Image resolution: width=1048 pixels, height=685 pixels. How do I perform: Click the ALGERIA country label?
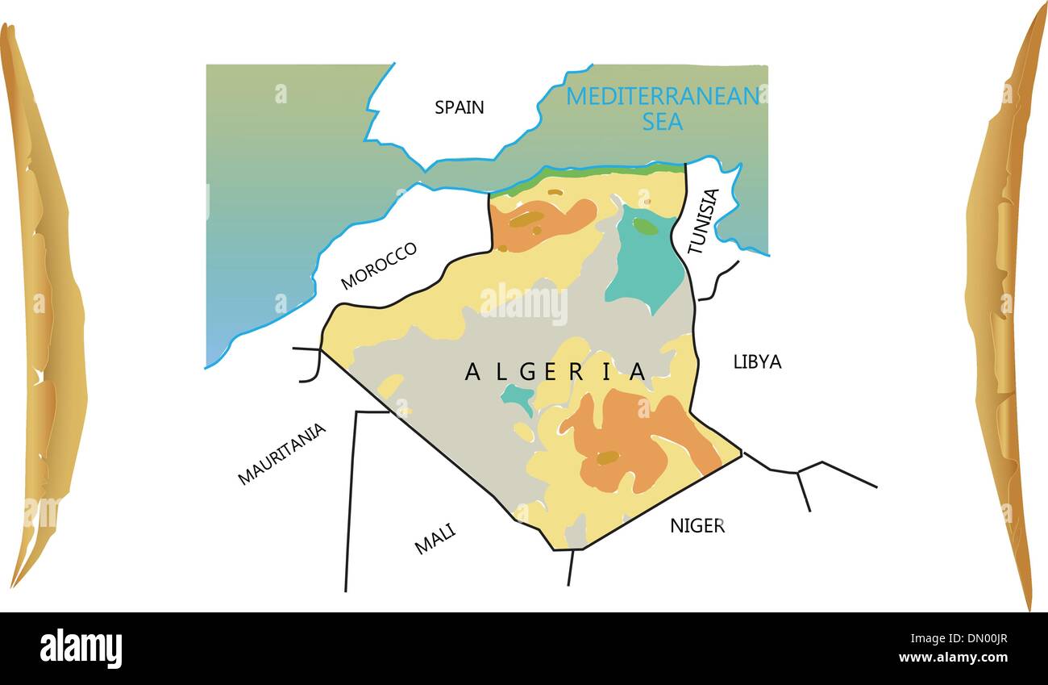point(555,371)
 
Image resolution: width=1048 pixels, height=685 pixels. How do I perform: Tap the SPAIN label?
point(459,107)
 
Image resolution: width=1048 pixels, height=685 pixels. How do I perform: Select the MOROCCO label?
point(379,265)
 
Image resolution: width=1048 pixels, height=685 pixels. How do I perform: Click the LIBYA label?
point(757,361)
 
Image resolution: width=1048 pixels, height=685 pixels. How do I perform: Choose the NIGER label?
point(697,526)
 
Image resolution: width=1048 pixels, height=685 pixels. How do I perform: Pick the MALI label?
point(435,538)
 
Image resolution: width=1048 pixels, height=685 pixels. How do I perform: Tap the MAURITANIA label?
point(282,453)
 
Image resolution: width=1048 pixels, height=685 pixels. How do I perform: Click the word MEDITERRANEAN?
point(662,96)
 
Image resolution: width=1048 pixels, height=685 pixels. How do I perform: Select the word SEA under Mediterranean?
point(662,122)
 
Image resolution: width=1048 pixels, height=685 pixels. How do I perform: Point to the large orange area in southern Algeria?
point(629,440)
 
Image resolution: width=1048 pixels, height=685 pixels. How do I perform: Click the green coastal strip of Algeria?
point(588,172)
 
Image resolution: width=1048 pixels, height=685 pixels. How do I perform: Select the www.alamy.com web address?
point(951,658)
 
